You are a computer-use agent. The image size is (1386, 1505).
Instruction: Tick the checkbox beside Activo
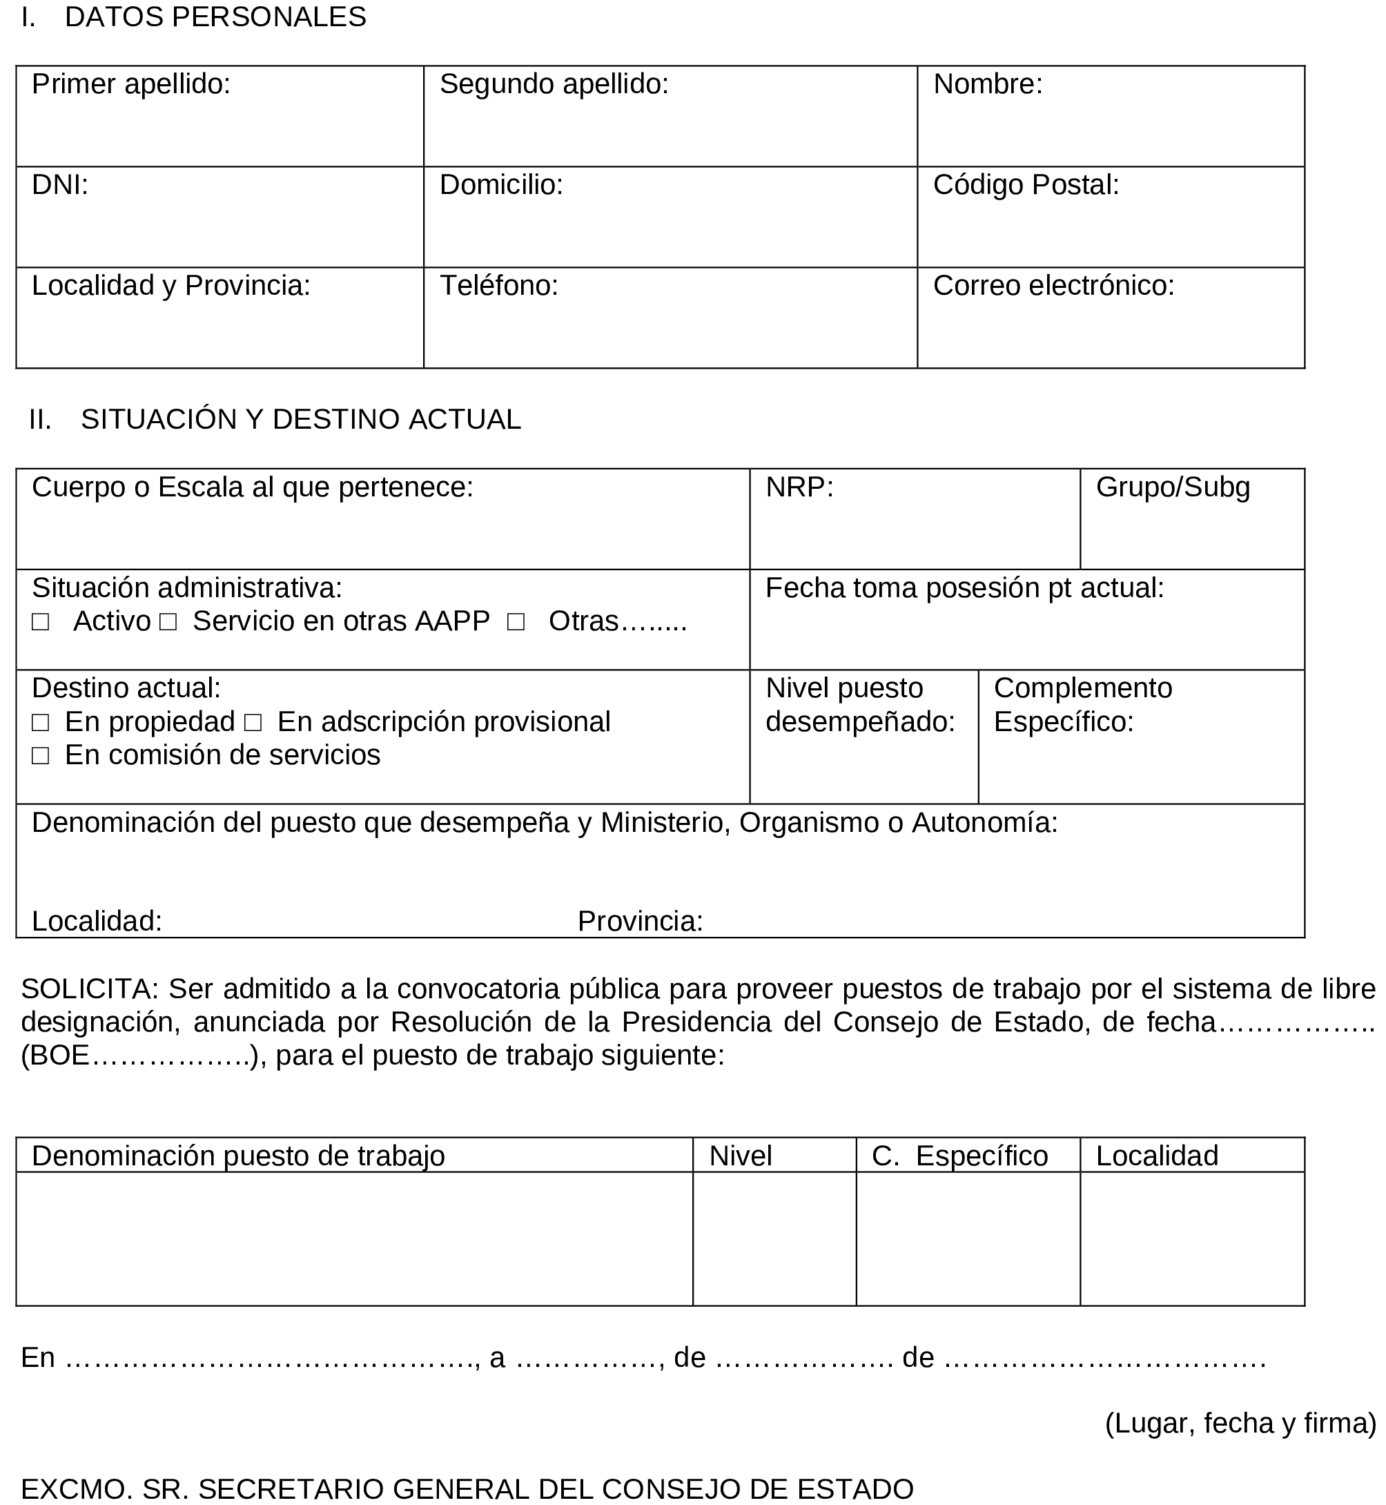(x=41, y=622)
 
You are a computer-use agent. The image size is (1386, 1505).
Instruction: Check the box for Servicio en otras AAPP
(x=168, y=622)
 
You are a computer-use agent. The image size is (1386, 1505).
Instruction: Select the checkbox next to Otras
(x=515, y=622)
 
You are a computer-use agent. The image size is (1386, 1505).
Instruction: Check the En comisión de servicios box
(x=41, y=755)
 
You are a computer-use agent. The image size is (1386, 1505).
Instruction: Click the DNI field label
(x=60, y=185)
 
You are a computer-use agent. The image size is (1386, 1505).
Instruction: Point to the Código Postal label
(x=1025, y=185)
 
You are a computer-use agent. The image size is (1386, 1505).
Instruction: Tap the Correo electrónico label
(x=1053, y=286)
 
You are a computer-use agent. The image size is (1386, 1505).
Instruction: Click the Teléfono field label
(x=499, y=286)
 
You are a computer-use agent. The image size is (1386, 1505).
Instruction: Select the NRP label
(x=799, y=487)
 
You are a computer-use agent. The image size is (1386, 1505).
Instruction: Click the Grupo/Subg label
(x=1172, y=487)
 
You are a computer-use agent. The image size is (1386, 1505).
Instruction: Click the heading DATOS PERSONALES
(x=215, y=17)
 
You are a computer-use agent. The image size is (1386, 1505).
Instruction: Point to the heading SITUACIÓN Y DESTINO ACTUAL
(x=301, y=419)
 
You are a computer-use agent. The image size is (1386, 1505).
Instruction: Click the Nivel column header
(x=740, y=1156)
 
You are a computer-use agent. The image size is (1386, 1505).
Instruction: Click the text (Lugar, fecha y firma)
(x=1240, y=1424)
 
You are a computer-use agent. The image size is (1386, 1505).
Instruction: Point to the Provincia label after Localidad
(x=640, y=922)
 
